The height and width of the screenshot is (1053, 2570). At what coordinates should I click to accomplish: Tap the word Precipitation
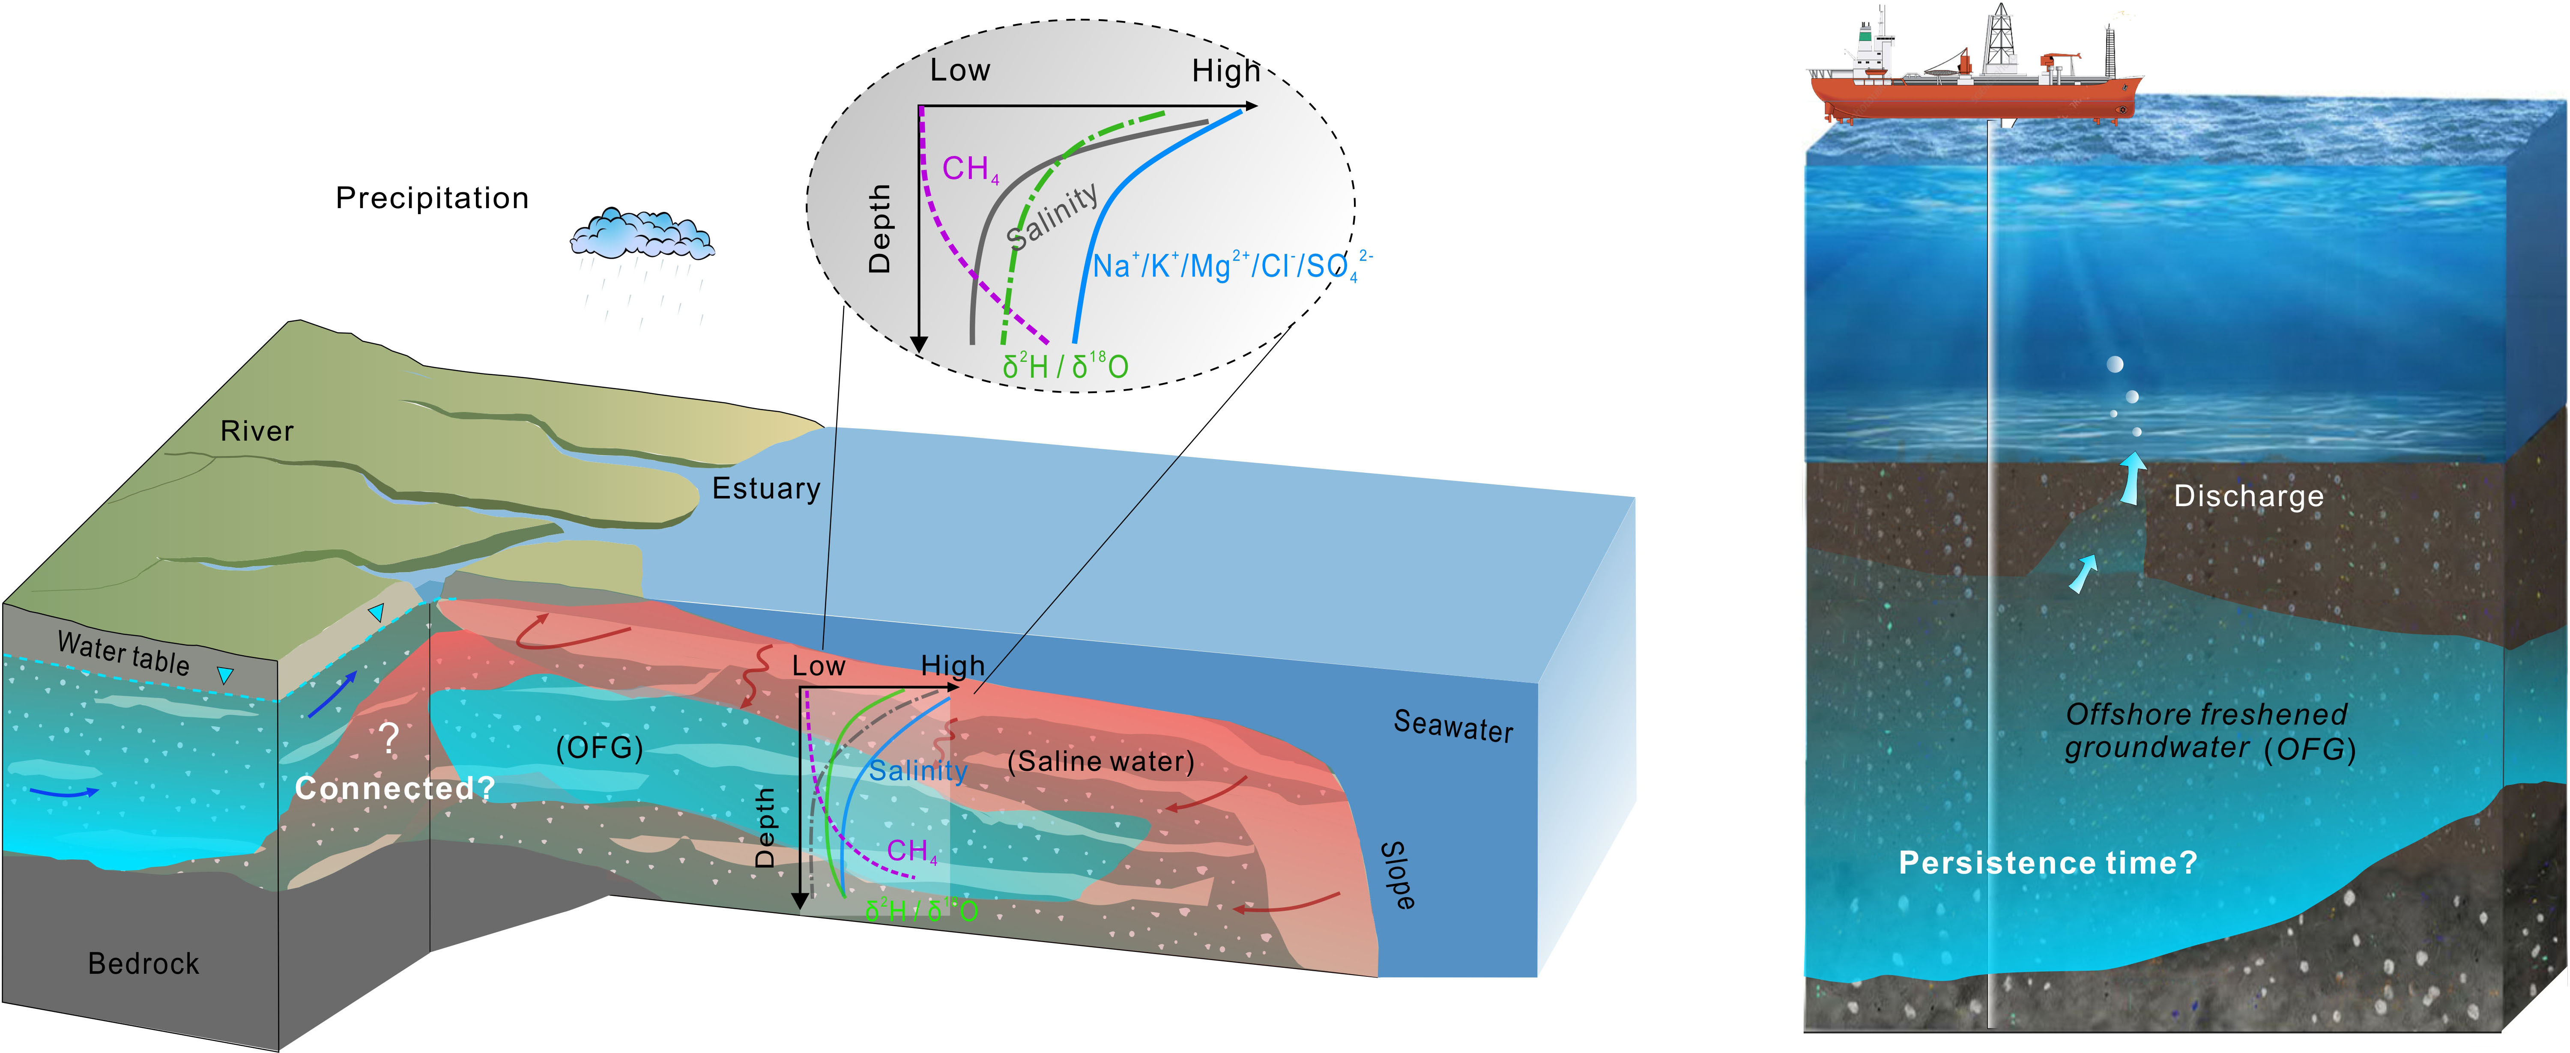(432, 198)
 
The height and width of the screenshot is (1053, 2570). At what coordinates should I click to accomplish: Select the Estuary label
(765, 489)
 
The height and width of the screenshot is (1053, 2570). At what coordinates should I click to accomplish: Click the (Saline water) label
(1100, 762)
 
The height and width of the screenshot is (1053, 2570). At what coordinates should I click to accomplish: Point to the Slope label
(1397, 876)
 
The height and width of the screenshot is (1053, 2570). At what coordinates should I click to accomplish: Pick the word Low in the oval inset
(960, 71)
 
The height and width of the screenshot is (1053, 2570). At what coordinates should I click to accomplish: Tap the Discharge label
(2249, 497)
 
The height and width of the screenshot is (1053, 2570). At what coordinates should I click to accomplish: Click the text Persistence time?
(2047, 862)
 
